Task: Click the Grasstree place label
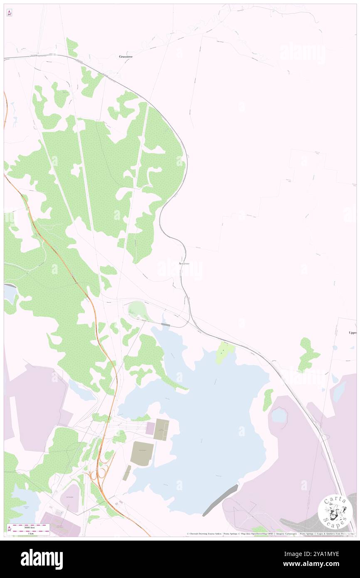click(126, 56)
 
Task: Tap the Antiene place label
click(184, 264)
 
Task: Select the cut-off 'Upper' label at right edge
click(353, 333)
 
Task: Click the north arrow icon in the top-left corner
click(9, 13)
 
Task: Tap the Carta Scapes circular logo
click(335, 511)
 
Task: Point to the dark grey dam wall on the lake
click(221, 500)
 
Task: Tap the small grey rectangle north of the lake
click(165, 324)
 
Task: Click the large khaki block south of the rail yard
click(142, 454)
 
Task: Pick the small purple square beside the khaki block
click(150, 428)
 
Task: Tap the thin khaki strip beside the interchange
click(127, 473)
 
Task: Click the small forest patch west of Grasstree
click(72, 47)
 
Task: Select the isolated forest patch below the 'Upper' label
click(308, 354)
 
